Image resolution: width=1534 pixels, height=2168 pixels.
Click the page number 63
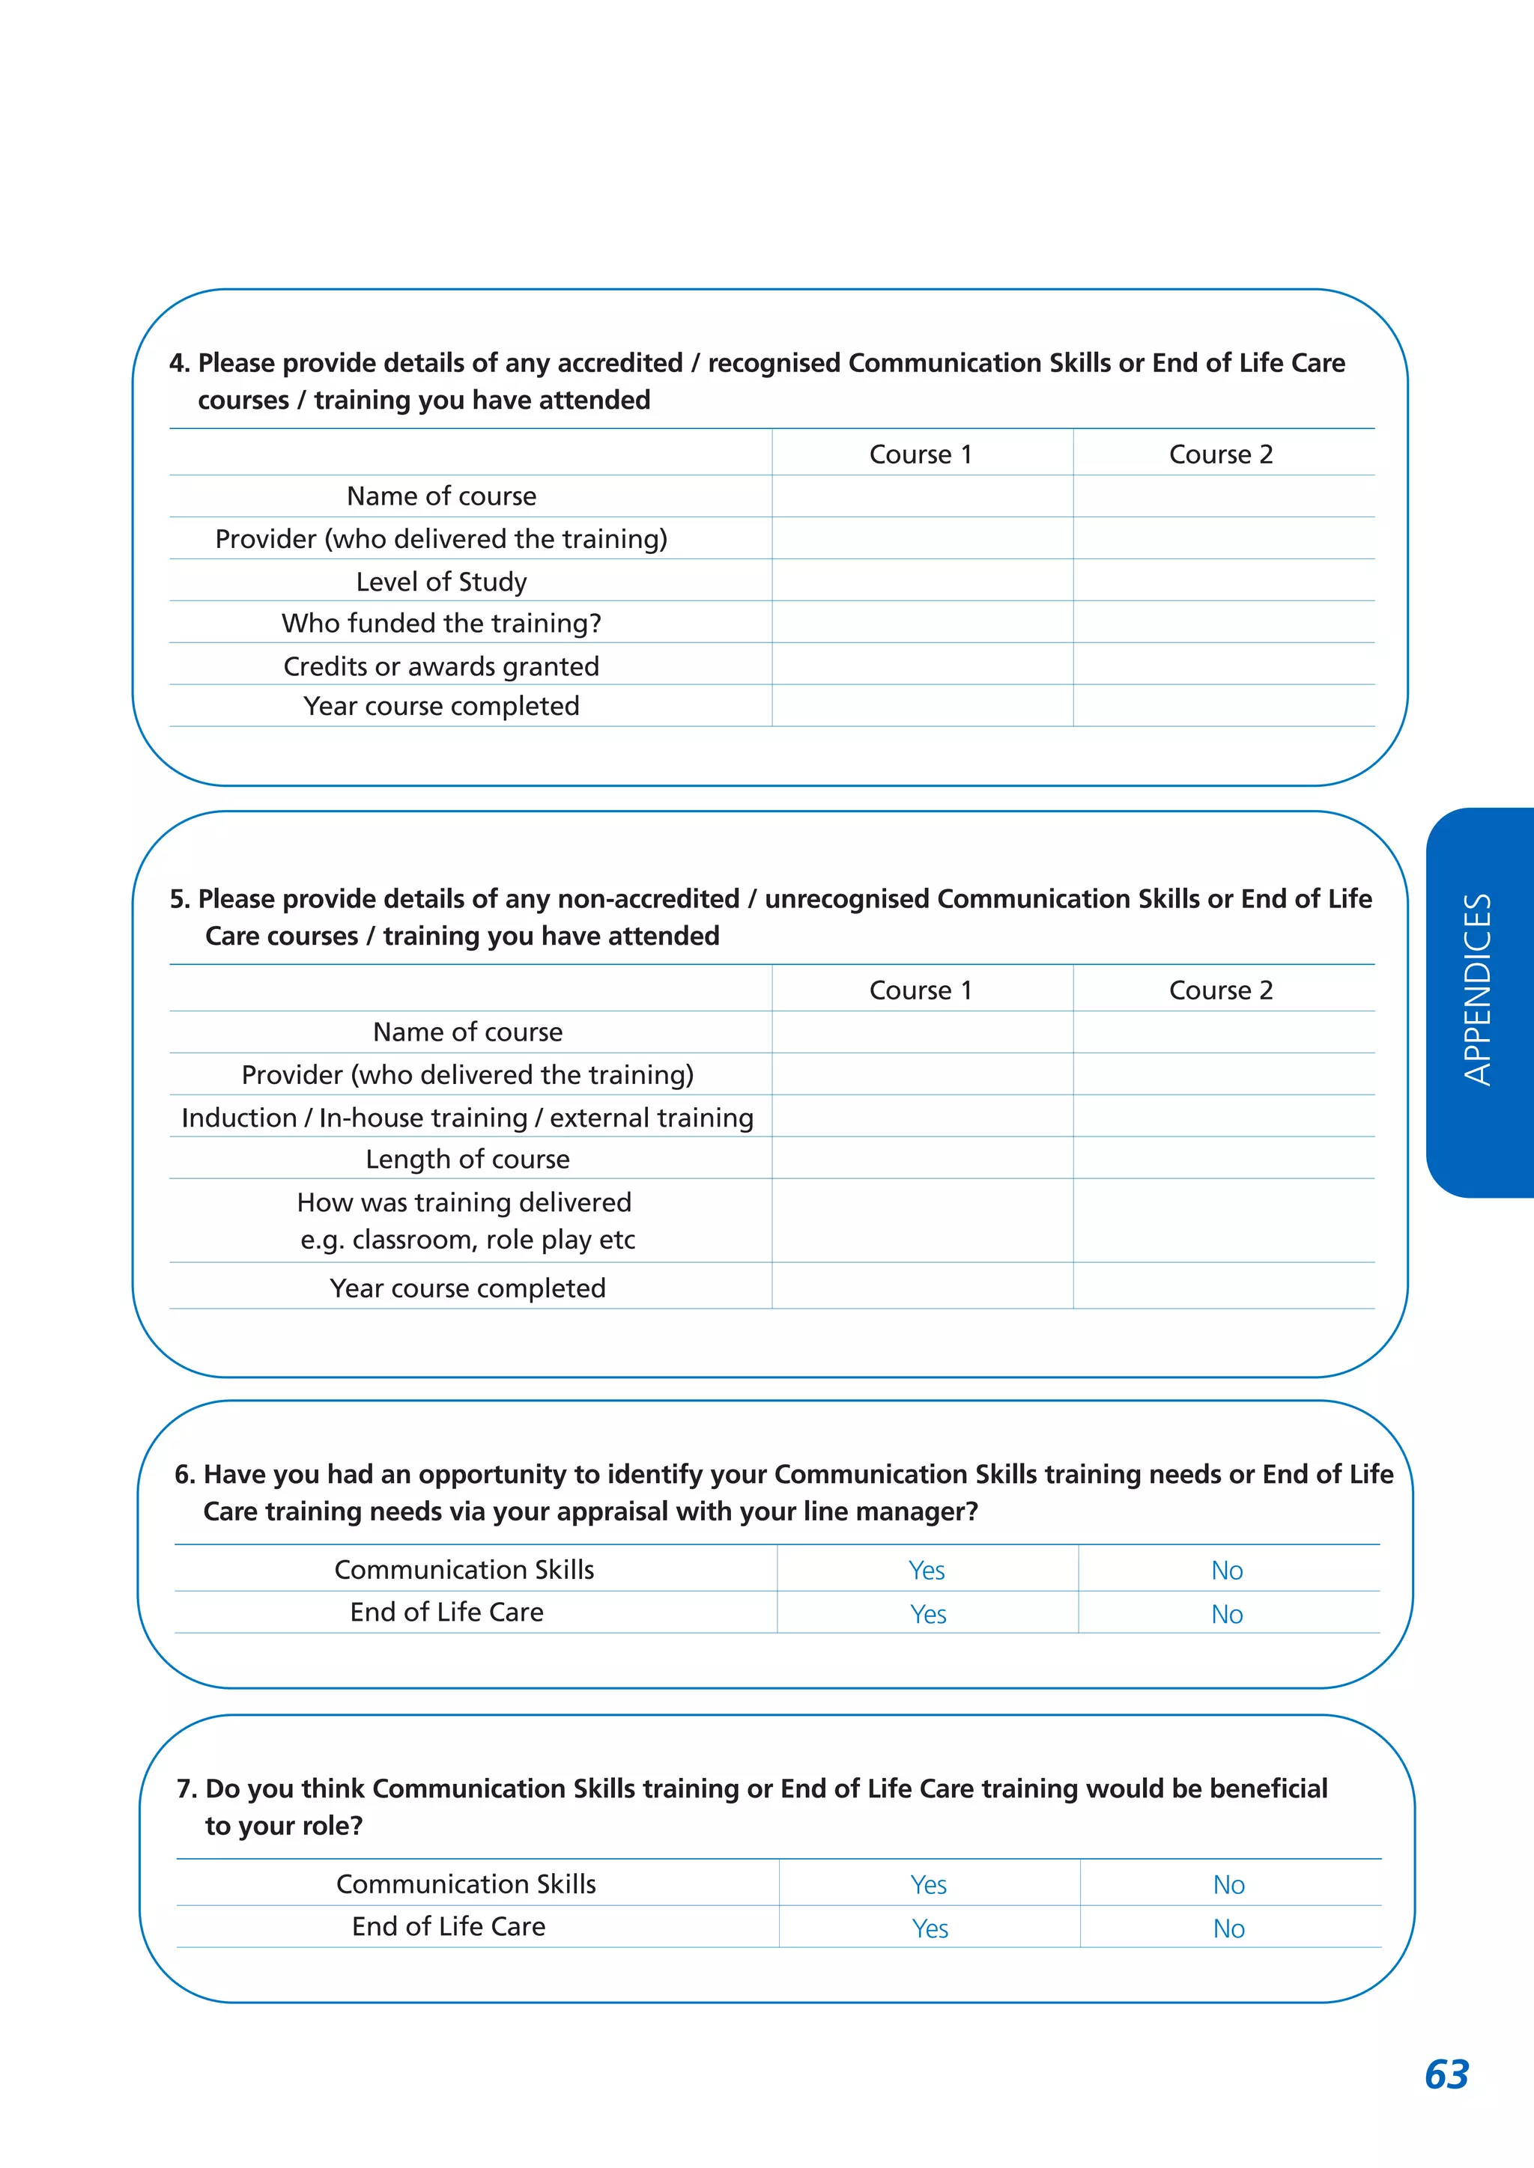click(x=1446, y=2074)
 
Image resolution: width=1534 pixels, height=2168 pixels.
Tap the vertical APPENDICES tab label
click(x=1477, y=990)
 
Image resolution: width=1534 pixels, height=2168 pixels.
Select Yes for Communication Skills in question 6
click(x=927, y=1571)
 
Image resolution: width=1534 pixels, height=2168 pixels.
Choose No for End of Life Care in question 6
click(x=1227, y=1614)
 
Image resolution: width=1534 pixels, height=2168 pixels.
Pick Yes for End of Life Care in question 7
click(x=930, y=1928)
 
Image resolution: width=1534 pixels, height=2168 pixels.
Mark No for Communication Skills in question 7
click(x=1228, y=1885)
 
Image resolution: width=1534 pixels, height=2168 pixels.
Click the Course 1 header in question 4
click(x=920, y=454)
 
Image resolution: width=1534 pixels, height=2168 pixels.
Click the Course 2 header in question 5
click(x=1220, y=990)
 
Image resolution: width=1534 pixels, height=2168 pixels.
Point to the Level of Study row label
click(x=441, y=582)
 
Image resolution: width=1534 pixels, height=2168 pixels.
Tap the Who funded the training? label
click(x=441, y=623)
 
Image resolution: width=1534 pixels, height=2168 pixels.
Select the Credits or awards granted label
click(x=441, y=666)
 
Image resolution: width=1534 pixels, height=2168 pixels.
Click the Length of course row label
click(x=467, y=1159)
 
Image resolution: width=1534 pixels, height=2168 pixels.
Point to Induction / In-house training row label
click(x=467, y=1117)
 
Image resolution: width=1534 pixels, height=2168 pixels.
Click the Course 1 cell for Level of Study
click(x=922, y=579)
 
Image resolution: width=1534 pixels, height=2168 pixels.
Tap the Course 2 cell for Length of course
click(x=1223, y=1157)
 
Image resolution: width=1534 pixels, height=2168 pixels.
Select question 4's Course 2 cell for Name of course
click(x=1223, y=496)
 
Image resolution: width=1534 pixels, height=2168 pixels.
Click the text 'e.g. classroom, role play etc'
click(x=467, y=1239)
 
